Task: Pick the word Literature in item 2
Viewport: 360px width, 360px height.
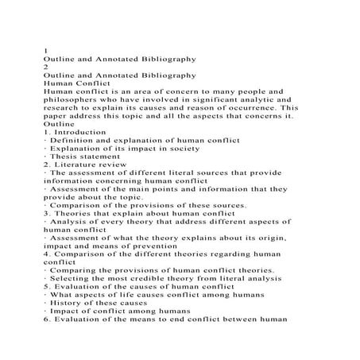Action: click(79, 165)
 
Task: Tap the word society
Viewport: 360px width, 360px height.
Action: click(197, 149)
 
